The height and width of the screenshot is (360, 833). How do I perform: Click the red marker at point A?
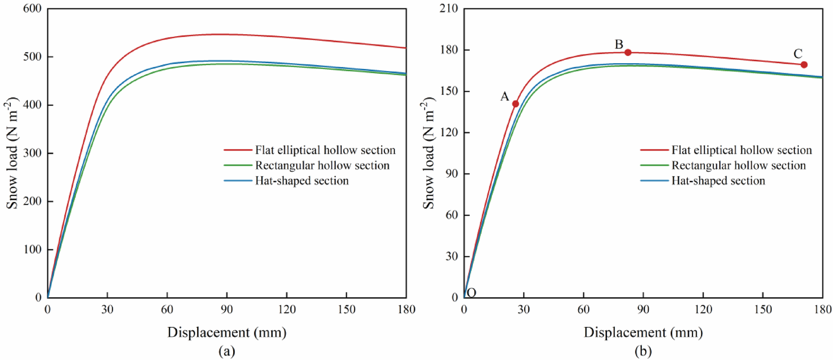[x=516, y=104]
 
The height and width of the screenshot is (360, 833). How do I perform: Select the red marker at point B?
[x=628, y=52]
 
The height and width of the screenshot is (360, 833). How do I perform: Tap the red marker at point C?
[x=804, y=65]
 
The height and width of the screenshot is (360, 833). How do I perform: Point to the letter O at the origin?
[x=472, y=293]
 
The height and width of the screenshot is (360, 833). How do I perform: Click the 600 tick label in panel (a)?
[x=32, y=9]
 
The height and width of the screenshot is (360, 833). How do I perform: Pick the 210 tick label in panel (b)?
[x=449, y=9]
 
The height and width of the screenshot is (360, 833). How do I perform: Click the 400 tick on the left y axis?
[x=32, y=105]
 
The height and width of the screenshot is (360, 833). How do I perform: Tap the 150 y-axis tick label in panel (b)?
[x=449, y=91]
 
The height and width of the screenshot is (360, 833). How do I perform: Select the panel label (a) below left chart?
[x=227, y=351]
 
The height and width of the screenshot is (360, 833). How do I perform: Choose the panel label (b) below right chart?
[x=643, y=351]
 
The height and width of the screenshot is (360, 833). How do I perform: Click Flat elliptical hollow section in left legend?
[x=325, y=150]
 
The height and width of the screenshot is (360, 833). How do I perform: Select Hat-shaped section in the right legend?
[x=718, y=181]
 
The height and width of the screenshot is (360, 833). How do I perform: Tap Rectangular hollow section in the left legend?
[x=322, y=165]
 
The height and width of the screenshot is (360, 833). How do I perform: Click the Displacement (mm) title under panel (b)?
[x=643, y=332]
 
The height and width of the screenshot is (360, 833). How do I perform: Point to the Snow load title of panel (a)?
[x=12, y=153]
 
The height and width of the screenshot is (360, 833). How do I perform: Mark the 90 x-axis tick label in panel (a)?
[x=227, y=309]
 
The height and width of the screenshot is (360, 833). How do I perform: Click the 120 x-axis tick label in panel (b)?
[x=703, y=309]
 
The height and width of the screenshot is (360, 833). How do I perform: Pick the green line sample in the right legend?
[x=654, y=165]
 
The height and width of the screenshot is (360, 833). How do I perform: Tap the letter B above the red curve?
[x=619, y=44]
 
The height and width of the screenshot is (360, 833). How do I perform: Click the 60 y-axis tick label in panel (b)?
[x=451, y=215]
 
